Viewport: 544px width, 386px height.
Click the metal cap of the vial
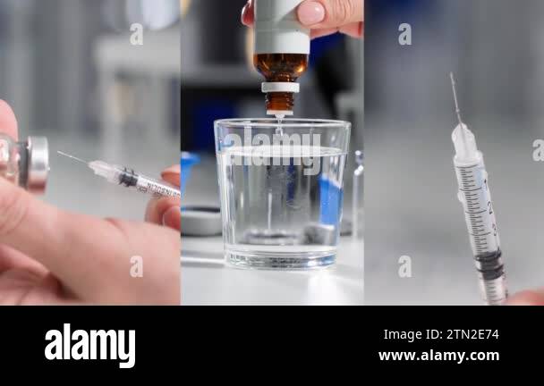[37, 164]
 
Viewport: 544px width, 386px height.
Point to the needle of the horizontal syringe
[73, 159]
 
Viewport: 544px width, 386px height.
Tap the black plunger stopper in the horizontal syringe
[128, 179]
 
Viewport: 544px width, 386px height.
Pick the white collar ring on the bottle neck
[280, 87]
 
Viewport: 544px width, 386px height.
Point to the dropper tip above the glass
[279, 113]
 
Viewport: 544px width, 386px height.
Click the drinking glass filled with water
[282, 192]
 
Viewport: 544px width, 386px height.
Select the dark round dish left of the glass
[200, 220]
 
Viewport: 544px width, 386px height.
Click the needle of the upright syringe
[455, 98]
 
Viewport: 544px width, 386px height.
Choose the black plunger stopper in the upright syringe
[489, 263]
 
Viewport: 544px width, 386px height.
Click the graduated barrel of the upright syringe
[477, 206]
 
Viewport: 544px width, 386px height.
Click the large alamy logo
[89, 345]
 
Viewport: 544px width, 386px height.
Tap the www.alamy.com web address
[438, 356]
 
